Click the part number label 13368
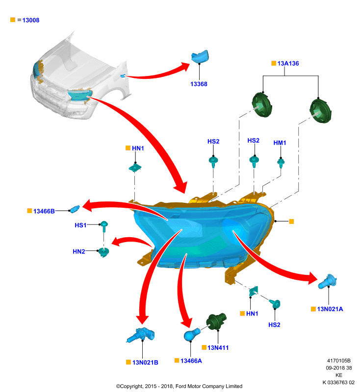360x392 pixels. point(199,84)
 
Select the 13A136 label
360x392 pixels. point(288,64)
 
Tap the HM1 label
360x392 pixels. point(280,143)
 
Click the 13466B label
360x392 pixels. point(44,211)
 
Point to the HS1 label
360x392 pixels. point(80,225)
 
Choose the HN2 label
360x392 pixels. point(79,251)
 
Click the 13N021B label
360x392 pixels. point(145,363)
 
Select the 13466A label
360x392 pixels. point(191,361)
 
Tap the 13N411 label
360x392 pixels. point(218,348)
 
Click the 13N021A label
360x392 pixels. point(330,309)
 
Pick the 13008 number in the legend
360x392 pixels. point(31,20)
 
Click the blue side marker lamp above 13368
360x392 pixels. point(200,56)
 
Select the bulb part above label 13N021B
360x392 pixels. point(141,335)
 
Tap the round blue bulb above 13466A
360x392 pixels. point(192,335)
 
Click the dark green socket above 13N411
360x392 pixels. point(216,321)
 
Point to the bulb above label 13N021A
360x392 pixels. point(327,282)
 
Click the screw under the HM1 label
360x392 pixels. point(281,163)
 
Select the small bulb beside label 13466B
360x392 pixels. point(75,209)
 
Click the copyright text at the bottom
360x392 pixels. point(179,386)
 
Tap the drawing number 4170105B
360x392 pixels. point(339,361)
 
